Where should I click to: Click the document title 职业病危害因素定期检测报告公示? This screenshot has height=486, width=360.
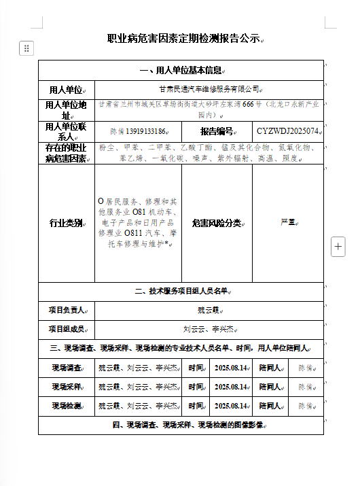(x=183, y=39)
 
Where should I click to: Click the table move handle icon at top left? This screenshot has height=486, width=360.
(x=26, y=48)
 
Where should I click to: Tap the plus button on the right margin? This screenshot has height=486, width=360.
(x=338, y=247)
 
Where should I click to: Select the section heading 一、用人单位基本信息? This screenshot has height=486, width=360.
(x=180, y=71)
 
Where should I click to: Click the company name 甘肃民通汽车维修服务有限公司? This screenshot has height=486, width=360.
(x=209, y=89)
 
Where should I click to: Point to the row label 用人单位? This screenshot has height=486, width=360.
(x=65, y=89)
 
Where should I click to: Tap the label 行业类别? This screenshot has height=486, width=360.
(x=65, y=223)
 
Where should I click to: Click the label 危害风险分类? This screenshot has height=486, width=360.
(x=216, y=223)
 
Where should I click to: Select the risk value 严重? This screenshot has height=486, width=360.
(x=287, y=222)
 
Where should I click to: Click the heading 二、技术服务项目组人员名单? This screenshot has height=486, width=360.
(x=180, y=292)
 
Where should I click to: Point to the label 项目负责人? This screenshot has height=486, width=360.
(x=65, y=310)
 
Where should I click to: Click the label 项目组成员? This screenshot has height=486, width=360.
(x=65, y=329)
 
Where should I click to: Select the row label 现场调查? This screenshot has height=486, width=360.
(x=66, y=368)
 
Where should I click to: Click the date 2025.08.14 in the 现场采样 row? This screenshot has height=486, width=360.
(x=231, y=387)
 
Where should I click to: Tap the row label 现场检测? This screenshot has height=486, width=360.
(x=66, y=406)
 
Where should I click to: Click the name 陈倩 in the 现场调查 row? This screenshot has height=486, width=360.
(x=306, y=368)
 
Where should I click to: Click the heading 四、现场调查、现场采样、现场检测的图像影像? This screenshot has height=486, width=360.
(x=180, y=425)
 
